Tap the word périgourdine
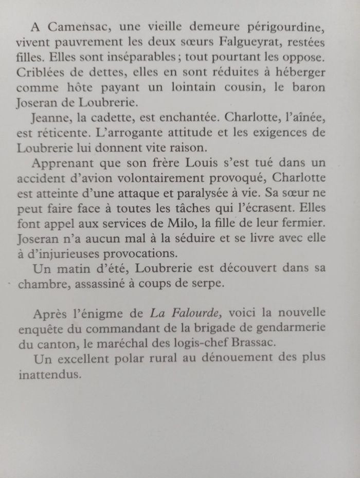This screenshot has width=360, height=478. [x=292, y=27]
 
